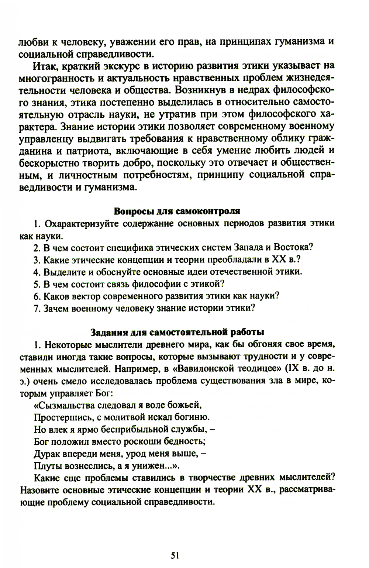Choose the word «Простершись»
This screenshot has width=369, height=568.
(61, 417)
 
